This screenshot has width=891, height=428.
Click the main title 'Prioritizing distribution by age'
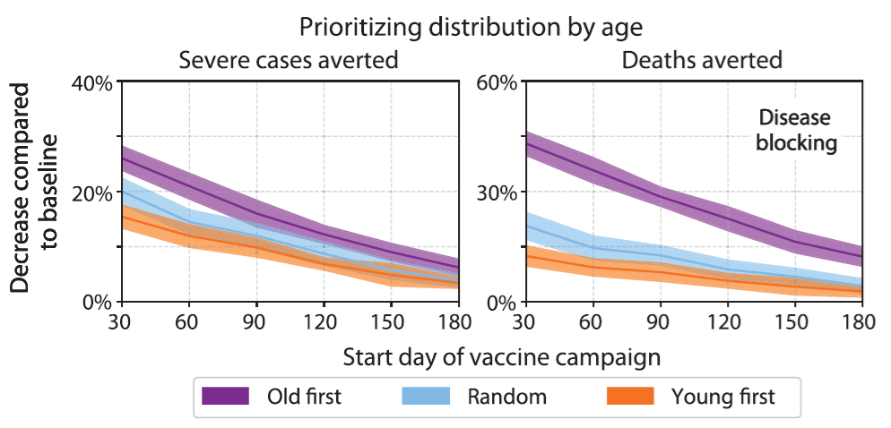[471, 27]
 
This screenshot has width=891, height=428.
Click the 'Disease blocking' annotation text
[795, 131]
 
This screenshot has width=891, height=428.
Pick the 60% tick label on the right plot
[497, 83]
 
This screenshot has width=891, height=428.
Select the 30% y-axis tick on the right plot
[497, 193]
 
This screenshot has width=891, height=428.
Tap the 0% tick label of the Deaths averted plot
[502, 303]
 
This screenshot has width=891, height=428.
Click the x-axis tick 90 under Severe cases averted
[255, 321]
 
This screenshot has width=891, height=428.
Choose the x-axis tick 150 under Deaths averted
[793, 321]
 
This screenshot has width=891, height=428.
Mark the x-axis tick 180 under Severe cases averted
[457, 321]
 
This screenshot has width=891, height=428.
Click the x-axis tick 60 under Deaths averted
[592, 321]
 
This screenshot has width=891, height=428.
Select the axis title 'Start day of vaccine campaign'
[501, 357]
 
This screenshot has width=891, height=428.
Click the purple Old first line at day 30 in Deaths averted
[525, 143]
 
